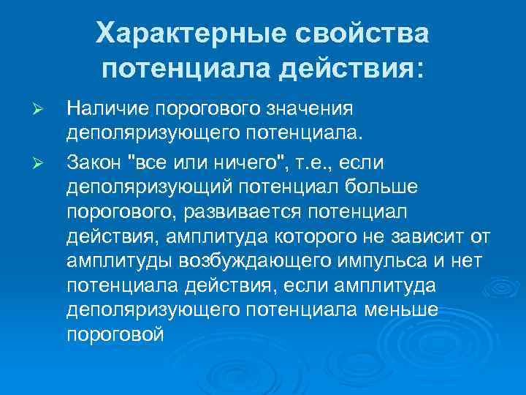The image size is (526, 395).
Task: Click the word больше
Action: [380, 187]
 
